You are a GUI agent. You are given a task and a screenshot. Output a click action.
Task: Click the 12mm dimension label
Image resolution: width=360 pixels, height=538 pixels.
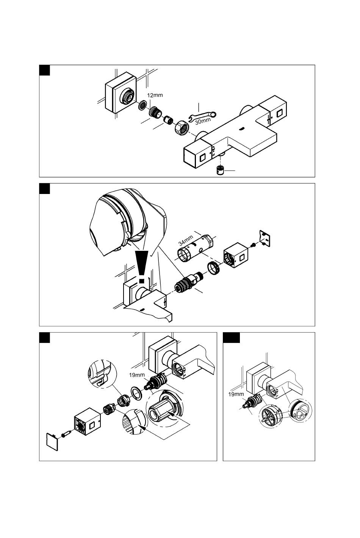tap(155, 95)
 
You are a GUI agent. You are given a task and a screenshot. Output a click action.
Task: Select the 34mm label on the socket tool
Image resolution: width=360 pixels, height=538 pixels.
tap(186, 241)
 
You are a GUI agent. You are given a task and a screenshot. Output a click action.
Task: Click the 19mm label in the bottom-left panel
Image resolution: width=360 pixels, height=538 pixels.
tap(137, 375)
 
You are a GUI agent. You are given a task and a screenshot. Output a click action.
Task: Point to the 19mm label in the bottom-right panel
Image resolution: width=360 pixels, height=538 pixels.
tap(236, 394)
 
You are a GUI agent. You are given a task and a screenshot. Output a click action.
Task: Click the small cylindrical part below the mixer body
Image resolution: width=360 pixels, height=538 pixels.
tap(220, 170)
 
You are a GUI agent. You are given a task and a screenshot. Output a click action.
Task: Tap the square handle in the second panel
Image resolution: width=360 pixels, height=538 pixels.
tap(236, 255)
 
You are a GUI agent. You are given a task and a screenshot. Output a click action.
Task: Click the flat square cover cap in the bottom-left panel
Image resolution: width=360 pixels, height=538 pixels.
tap(52, 442)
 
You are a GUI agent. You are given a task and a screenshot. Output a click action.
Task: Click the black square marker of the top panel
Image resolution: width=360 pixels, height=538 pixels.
tap(44, 70)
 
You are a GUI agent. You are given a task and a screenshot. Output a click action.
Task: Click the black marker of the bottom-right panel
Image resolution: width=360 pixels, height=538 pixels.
tap(231, 338)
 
